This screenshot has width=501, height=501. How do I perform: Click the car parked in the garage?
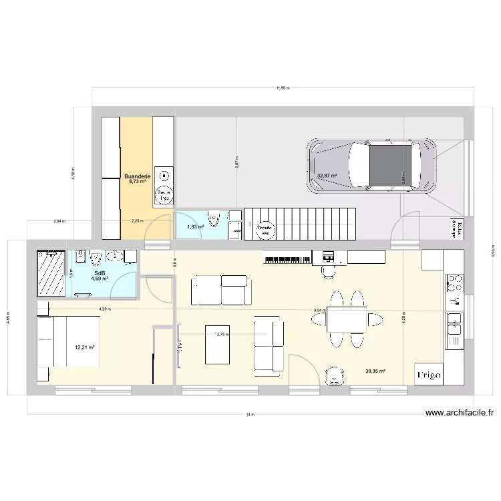point(371,166)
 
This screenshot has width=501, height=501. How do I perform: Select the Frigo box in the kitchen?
point(429,375)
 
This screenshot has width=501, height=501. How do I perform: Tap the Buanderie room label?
point(137,177)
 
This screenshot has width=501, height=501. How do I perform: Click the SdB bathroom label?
point(100,273)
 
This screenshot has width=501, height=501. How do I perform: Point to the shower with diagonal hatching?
point(51,273)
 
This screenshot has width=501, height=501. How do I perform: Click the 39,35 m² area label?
point(375,371)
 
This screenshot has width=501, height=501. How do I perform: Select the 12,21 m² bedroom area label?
point(85,347)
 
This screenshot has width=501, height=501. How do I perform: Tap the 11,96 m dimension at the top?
point(282,88)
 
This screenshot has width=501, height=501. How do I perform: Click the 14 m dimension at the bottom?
point(250,415)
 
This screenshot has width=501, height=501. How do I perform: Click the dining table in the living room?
point(346,320)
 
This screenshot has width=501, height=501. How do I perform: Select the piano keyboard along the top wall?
point(287,257)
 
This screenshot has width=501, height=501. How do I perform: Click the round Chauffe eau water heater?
point(265,230)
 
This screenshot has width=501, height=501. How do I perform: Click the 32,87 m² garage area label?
point(327,176)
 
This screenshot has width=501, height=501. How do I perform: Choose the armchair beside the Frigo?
point(334,376)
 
